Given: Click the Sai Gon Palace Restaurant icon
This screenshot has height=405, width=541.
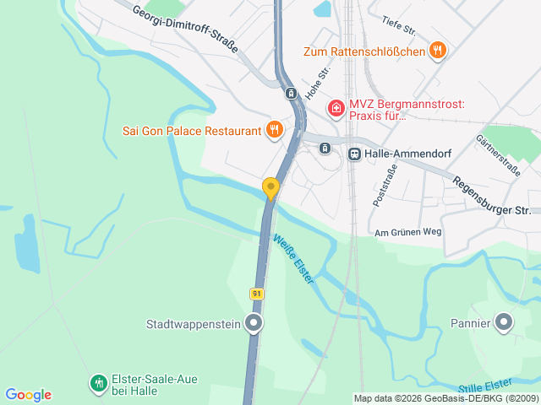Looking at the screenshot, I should pyautogui.click(x=274, y=130).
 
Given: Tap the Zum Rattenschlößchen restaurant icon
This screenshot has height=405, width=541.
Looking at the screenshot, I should pyautogui.click(x=437, y=51).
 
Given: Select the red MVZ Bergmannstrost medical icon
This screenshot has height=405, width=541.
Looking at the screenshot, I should pyautogui.click(x=336, y=108).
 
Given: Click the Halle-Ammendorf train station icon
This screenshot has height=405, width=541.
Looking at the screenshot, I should pyautogui.click(x=354, y=154).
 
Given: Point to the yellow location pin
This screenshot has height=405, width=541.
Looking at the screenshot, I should pyautogui.click(x=270, y=187).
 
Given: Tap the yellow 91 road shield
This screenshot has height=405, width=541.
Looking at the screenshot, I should pyautogui.click(x=257, y=293).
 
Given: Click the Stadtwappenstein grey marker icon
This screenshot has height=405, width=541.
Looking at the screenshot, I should pyautogui.click(x=253, y=322).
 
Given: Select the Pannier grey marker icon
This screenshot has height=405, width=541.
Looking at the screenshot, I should pyautogui.click(x=504, y=321).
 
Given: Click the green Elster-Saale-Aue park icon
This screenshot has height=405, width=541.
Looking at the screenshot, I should pyautogui.click(x=99, y=385).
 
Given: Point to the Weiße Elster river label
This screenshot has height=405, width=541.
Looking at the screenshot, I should pyautogui.click(x=292, y=258).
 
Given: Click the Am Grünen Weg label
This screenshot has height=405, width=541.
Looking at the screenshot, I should pyautogui.click(x=408, y=232).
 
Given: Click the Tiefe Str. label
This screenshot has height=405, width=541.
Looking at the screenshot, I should pyautogui.click(x=398, y=26).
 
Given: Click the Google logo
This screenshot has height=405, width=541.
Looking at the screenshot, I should pyautogui.click(x=28, y=395).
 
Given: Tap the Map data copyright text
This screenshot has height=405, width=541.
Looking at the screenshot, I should pyautogui.click(x=445, y=398).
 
